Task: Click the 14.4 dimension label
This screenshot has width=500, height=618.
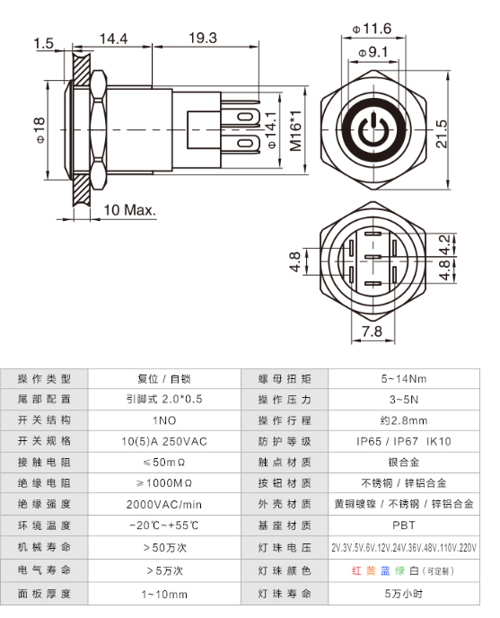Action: tap(114, 39)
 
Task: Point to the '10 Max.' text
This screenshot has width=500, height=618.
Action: tap(130, 209)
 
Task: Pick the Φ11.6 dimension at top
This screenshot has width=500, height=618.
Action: tap(372, 30)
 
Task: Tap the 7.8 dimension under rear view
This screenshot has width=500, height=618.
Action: tap(371, 331)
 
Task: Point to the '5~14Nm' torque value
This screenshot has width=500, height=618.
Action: tap(404, 378)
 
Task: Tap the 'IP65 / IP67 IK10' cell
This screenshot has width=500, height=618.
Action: tap(404, 441)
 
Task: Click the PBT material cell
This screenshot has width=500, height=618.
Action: tap(404, 525)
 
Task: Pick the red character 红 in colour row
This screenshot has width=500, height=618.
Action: tap(356, 570)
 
